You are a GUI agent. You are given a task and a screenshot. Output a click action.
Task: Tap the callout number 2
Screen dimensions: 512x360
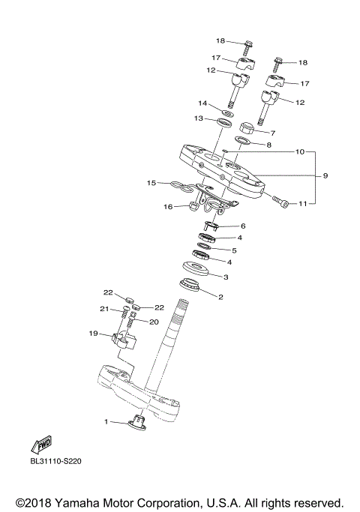pos(220,297)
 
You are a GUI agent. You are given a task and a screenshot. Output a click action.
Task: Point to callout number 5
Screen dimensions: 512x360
pos(234,250)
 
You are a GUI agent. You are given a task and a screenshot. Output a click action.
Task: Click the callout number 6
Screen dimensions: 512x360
pos(242,226)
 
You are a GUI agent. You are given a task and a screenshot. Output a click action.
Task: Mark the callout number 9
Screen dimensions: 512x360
pos(326,176)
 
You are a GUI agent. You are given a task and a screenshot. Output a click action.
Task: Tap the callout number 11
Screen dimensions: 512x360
pos(304,203)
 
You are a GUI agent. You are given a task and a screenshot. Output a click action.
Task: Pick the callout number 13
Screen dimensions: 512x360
pos(199,118)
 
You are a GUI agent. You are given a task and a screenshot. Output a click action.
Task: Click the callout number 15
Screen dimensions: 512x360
pos(151,182)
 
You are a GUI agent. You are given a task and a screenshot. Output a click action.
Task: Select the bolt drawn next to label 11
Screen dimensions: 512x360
pos(280,201)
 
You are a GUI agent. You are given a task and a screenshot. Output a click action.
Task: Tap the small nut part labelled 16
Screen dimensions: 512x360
pos(192,205)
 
